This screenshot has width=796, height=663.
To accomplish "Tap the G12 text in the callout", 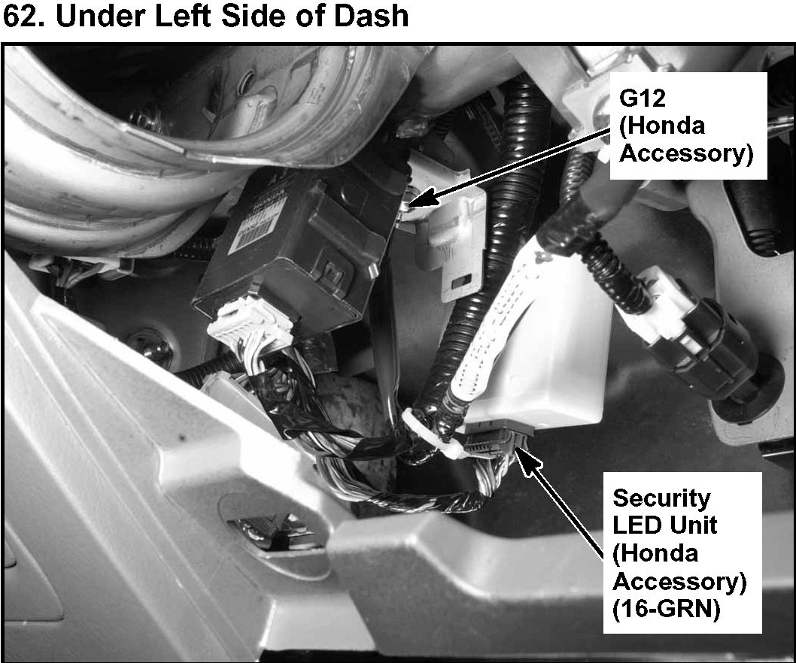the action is coord(643,98).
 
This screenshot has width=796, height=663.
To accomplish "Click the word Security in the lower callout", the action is coord(661,498).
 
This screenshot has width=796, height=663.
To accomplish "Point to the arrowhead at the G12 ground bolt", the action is coord(422,199).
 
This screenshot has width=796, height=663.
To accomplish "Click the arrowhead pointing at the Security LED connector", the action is coord(528,459).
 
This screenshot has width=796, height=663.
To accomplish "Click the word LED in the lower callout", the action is coord(636,526).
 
